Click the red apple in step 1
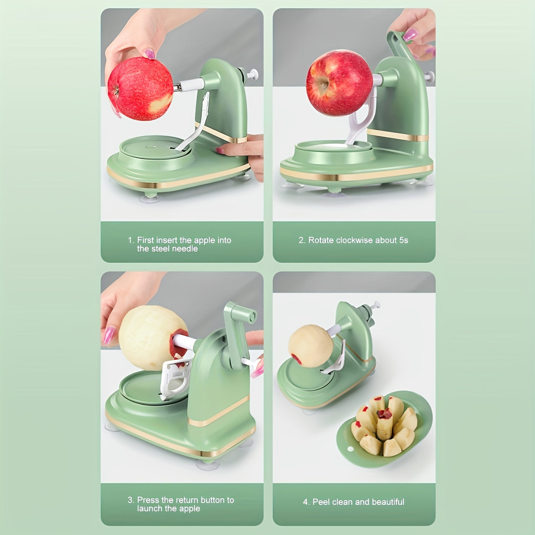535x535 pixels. point(140,88)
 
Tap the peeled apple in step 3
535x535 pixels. point(153,337)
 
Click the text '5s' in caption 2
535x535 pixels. point(404,240)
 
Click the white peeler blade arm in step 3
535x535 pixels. point(175,379)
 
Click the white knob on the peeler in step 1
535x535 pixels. point(252,75)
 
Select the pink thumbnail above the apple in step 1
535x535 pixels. point(150,53)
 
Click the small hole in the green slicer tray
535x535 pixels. point(350,449)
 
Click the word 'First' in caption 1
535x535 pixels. point(146,240)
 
